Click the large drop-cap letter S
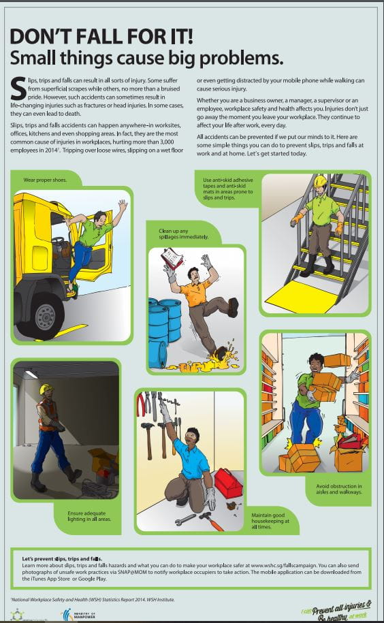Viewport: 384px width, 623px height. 18,86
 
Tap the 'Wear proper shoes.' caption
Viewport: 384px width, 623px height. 45,180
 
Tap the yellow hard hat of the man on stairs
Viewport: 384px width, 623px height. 320,182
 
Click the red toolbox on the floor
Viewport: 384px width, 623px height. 227,483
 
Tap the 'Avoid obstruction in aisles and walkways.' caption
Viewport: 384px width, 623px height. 338,489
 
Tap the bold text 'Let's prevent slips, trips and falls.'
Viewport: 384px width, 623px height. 63,558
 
